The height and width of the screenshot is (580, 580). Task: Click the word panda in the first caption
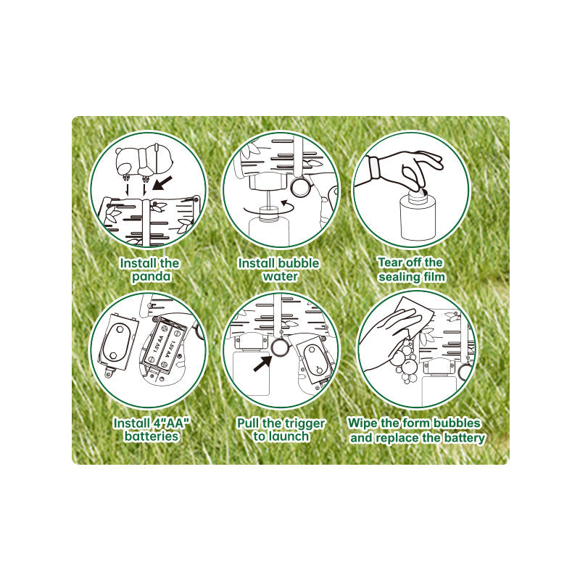[152, 277]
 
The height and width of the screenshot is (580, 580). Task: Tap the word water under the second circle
[281, 276]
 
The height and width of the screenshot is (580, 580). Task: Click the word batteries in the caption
[152, 436]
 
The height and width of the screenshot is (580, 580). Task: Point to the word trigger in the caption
[302, 423]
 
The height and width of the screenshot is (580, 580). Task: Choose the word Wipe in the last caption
[362, 423]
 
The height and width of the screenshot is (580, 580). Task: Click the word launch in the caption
[289, 436]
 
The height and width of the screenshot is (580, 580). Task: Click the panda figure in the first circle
[144, 162]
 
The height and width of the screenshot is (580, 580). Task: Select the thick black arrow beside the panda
[162, 183]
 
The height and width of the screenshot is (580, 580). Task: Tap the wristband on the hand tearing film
[375, 168]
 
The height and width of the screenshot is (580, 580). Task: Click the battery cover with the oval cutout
[117, 342]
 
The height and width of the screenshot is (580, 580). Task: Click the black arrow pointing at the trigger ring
[262, 362]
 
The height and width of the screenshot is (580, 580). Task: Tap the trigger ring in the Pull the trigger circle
[280, 347]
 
